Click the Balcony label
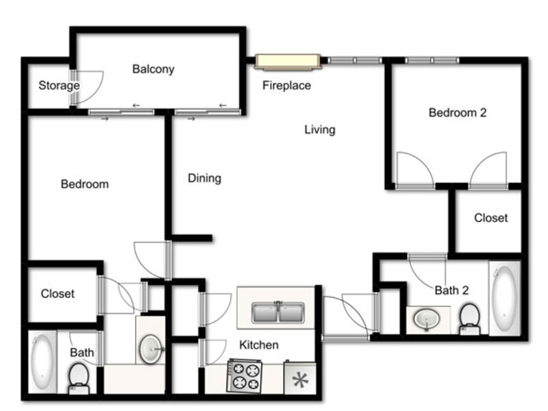153,69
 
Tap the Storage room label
59,85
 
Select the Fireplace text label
286,85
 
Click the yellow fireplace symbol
287,62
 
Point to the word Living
319,129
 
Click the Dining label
204,178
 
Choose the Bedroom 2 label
458,112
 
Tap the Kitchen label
259,345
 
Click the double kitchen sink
278,312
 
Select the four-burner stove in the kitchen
245,375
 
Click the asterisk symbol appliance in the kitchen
300,379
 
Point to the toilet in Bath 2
470,319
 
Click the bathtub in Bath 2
505,299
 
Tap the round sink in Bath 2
425,319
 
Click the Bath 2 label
451,290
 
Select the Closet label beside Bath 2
490,218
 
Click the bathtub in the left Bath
42,362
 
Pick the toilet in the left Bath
79,378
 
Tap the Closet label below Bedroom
58,294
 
